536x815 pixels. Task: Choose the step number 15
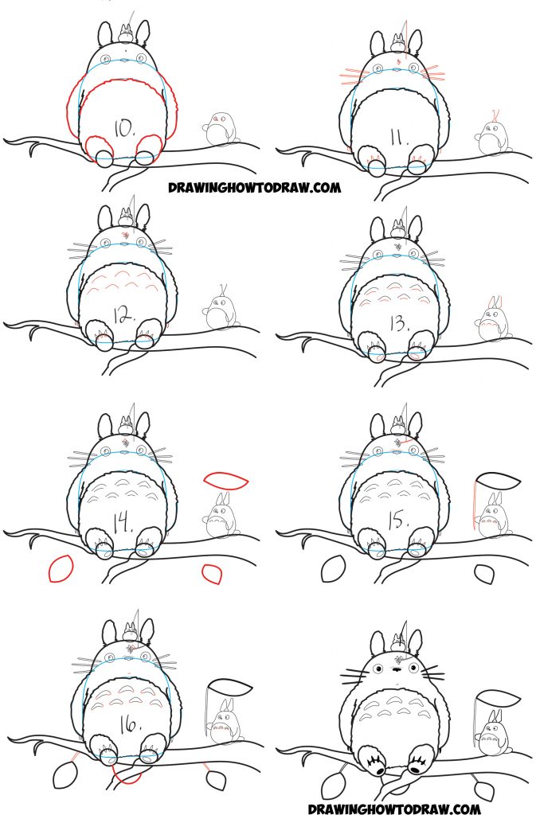tap(396, 524)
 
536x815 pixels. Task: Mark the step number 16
tap(124, 722)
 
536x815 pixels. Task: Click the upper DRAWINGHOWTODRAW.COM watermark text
tap(254, 188)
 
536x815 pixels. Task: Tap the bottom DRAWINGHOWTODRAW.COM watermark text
tap(393, 807)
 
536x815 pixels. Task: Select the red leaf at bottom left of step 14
tap(61, 569)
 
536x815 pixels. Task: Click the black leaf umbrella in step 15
tap(497, 482)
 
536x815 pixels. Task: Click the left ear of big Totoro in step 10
tap(104, 35)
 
